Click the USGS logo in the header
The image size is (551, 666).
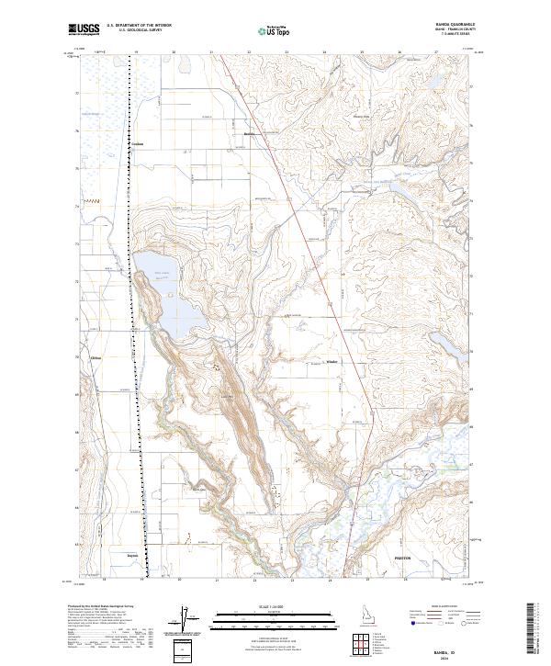click(84, 30)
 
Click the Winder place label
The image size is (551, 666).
click(332, 361)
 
